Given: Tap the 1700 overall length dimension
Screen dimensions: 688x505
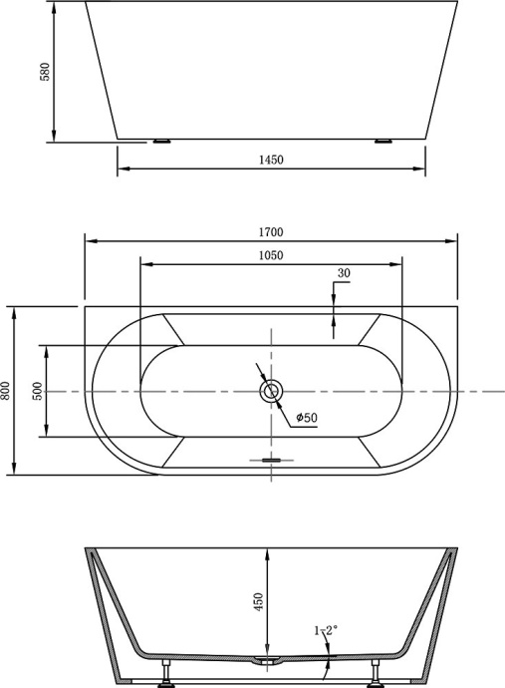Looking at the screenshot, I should click(x=270, y=231).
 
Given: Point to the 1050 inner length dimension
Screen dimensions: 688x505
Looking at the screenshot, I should click(x=270, y=255).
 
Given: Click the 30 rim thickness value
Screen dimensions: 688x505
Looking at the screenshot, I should click(x=345, y=273).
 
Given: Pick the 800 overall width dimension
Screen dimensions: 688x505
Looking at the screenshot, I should click(x=6, y=391).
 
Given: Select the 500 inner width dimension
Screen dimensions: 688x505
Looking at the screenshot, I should click(x=38, y=391).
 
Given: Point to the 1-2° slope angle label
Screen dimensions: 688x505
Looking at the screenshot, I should click(x=326, y=630).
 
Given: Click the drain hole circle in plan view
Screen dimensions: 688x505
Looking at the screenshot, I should click(x=270, y=391).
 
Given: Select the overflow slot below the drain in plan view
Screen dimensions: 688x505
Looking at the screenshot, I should click(x=270, y=460).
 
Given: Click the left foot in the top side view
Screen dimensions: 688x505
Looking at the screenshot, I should click(x=162, y=142).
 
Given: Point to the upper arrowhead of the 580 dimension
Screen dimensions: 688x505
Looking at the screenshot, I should click(x=54, y=7).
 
